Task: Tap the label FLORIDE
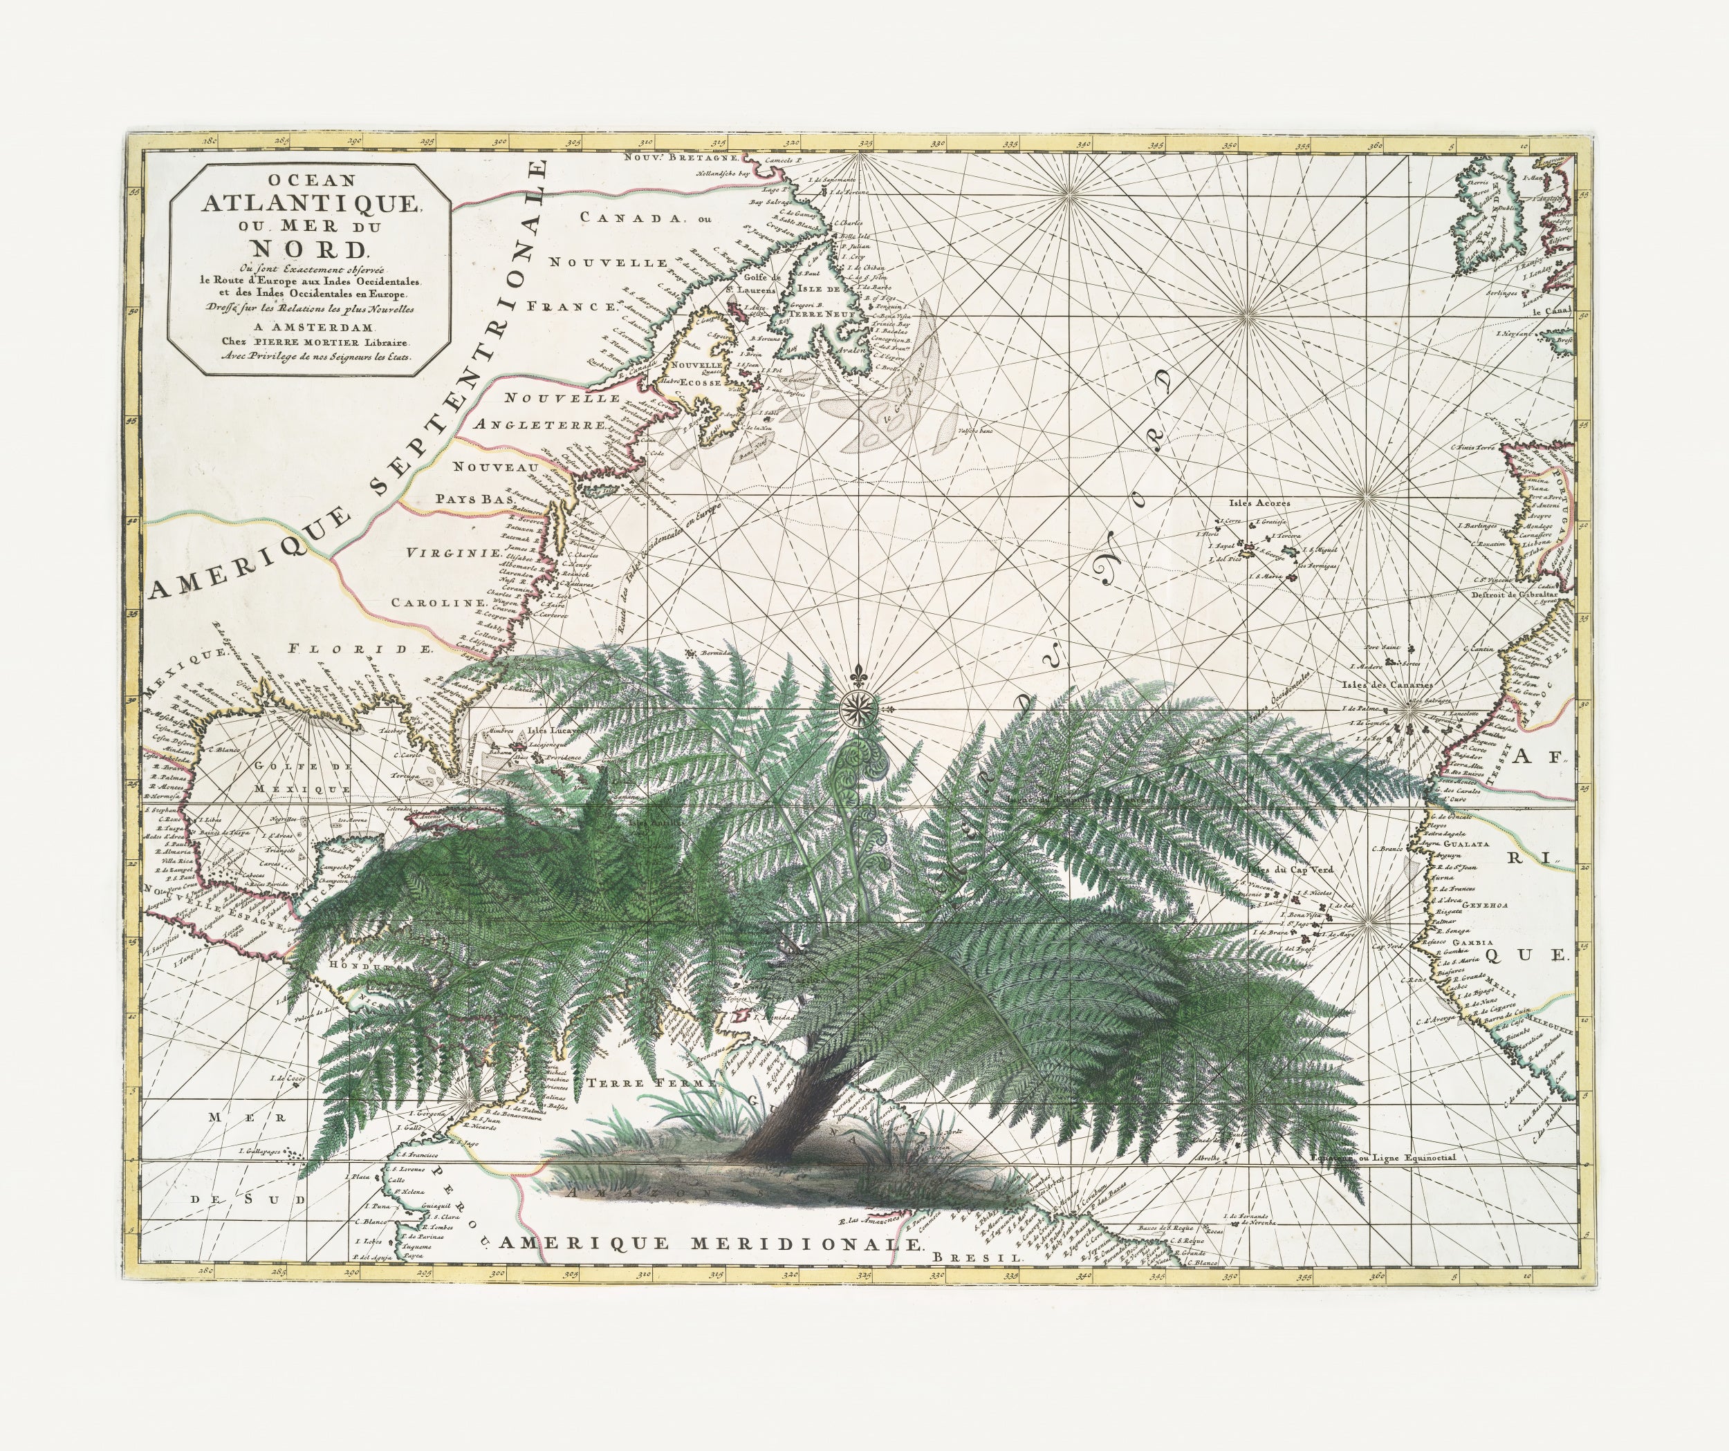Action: tap(360, 648)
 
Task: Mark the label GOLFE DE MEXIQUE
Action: tap(280, 776)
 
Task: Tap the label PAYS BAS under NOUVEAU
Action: tap(474, 498)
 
